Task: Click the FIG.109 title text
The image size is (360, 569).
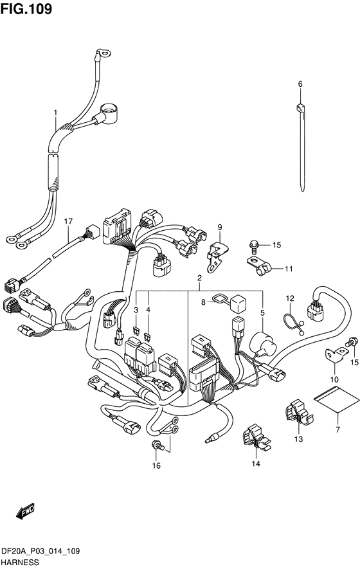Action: (26, 9)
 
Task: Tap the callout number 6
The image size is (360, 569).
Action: (300, 84)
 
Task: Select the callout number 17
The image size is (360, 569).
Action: (68, 221)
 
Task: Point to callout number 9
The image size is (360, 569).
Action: (220, 228)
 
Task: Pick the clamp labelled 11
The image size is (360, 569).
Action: (259, 266)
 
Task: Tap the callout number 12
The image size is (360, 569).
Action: (290, 298)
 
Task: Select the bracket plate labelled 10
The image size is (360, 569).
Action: (337, 356)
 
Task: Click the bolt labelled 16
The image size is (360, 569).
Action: (157, 444)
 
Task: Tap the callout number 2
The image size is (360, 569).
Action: (199, 278)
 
